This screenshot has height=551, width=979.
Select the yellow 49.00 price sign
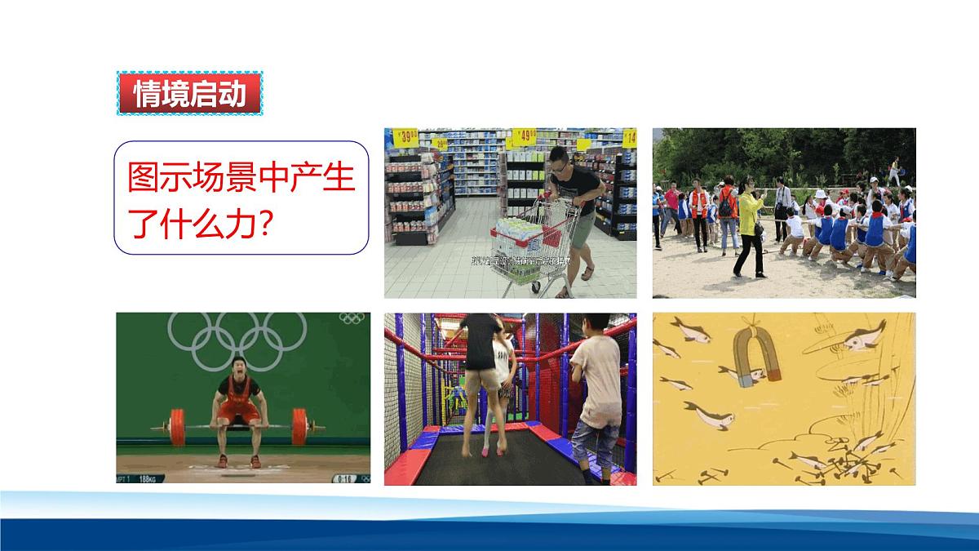click(525, 136)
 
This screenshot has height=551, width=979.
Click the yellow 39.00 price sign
click(405, 137)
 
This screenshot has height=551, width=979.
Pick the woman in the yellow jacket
click(751, 229)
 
